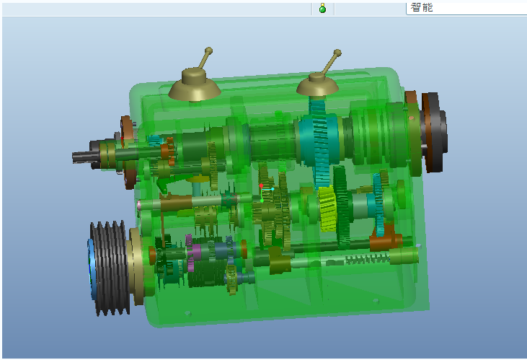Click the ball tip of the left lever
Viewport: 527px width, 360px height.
click(x=208, y=51)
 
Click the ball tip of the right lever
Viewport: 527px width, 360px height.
click(x=337, y=53)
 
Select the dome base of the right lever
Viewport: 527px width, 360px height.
click(x=317, y=84)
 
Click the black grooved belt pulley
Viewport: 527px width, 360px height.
click(x=110, y=268)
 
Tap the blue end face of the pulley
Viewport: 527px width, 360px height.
click(x=91, y=269)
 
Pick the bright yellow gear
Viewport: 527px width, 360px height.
click(x=327, y=208)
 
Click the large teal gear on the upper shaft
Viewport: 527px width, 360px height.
click(x=318, y=141)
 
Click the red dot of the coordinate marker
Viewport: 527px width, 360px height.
click(x=261, y=185)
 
